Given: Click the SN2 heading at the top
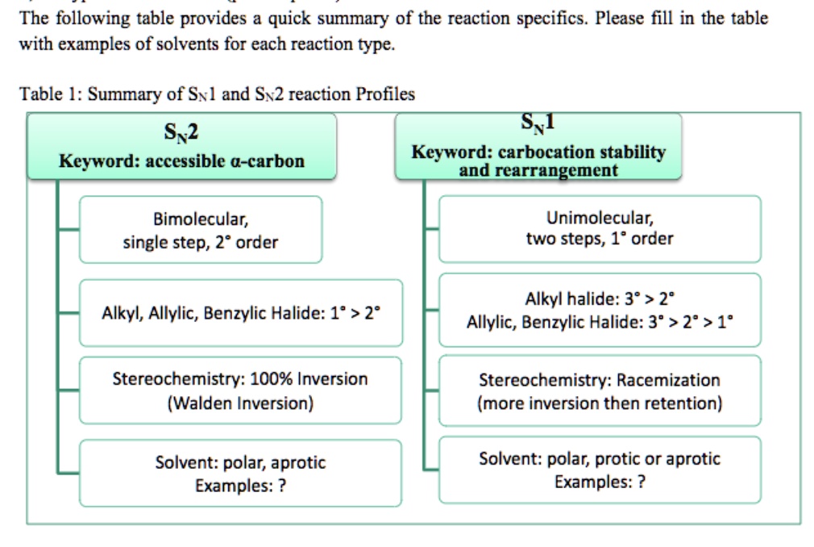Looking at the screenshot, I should (181, 129).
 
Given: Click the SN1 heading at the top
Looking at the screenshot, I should (538, 123).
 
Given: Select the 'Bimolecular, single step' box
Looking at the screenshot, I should (200, 230).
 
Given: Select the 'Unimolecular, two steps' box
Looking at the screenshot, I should (599, 228).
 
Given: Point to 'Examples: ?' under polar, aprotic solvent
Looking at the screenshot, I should (240, 486).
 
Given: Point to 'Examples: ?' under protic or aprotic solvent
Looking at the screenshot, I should (600, 482).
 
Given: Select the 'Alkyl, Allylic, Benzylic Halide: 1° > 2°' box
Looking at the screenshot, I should (240, 313).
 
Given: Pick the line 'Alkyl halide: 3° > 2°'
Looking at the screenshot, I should (600, 299).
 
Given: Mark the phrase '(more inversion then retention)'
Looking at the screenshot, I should (600, 403).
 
